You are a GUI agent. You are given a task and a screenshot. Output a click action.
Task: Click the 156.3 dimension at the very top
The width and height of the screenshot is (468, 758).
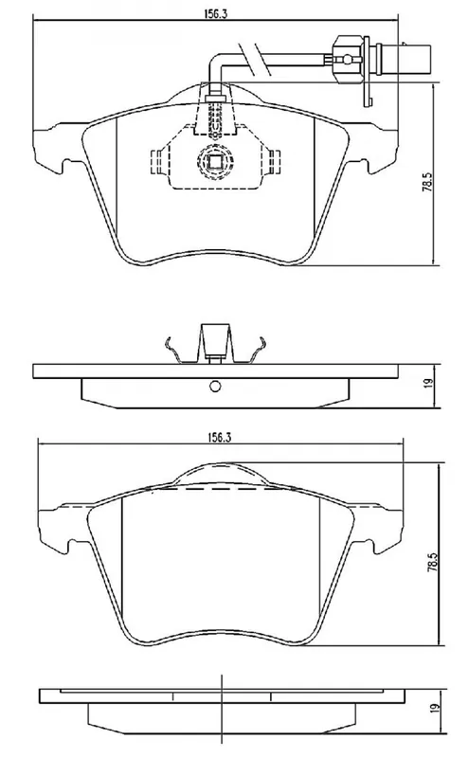tap(215, 13)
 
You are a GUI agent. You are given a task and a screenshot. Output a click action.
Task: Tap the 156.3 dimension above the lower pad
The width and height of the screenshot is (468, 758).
tap(220, 437)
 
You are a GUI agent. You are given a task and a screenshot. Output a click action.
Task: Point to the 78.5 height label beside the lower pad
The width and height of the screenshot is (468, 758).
tap(432, 560)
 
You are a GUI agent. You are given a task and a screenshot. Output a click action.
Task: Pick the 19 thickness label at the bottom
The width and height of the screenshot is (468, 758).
tap(435, 707)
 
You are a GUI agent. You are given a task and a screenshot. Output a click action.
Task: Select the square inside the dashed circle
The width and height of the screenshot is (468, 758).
tap(215, 160)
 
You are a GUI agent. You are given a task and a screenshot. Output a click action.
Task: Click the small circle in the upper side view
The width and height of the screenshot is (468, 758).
tap(215, 387)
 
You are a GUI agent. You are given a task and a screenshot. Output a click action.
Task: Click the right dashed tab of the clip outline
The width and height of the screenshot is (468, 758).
tap(274, 161)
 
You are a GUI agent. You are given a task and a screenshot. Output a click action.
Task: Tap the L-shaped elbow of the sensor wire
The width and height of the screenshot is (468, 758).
tap(213, 63)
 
